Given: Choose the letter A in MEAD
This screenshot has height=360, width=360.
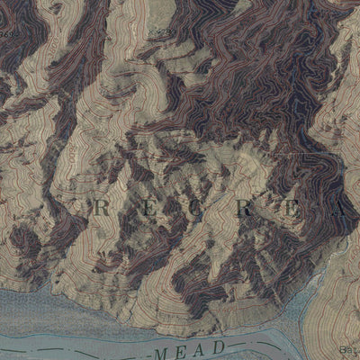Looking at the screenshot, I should (205, 347).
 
